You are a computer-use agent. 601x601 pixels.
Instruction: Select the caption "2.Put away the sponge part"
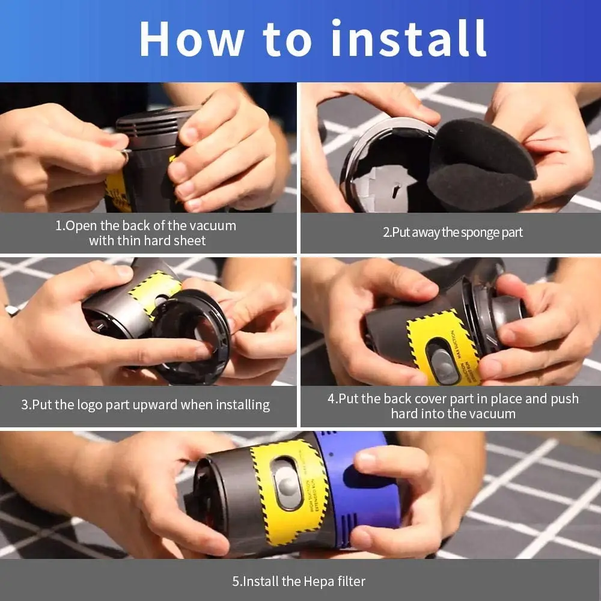[453, 233]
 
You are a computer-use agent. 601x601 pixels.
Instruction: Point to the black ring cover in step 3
[192, 337]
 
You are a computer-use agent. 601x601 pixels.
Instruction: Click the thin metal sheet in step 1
[124, 154]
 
